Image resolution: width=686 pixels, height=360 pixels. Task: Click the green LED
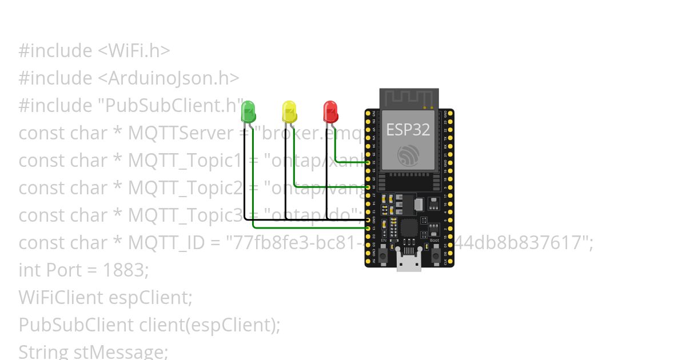pyautogui.click(x=248, y=111)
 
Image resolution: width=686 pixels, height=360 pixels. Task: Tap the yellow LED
pyautogui.click(x=289, y=111)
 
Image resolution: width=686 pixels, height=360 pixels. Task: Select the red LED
pyautogui.click(x=330, y=111)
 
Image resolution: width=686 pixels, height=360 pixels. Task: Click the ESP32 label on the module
pyautogui.click(x=408, y=129)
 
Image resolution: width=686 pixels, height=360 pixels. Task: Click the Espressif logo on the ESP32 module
pyautogui.click(x=408, y=155)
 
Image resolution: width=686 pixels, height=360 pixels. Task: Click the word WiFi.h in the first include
pyautogui.click(x=134, y=51)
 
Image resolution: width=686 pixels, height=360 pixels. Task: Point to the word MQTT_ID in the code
pyautogui.click(x=165, y=243)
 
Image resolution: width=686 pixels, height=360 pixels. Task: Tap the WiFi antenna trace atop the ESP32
pyautogui.click(x=409, y=98)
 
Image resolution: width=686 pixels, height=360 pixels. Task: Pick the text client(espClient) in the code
pyautogui.click(x=209, y=325)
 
